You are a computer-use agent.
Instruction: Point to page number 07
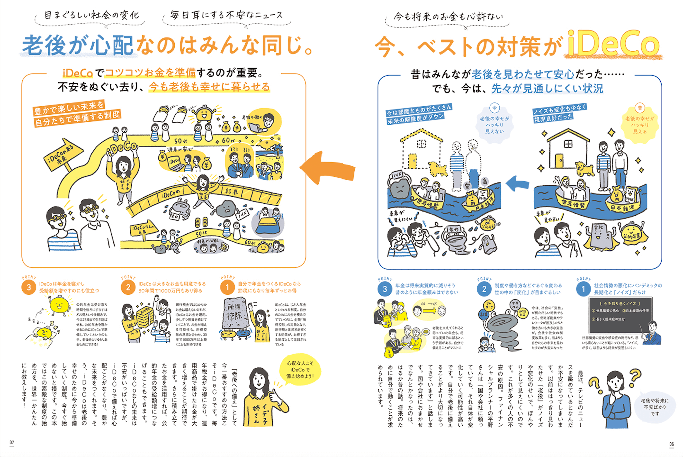[12, 443]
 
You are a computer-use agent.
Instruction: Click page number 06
[671, 444]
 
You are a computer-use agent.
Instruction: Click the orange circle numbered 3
[28, 288]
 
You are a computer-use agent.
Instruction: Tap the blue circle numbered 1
[583, 289]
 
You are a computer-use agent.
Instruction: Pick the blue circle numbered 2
[484, 289]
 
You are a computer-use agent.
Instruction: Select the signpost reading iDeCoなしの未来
[143, 229]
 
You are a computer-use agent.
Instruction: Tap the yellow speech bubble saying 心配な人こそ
[300, 370]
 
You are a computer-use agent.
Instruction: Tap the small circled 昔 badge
[640, 108]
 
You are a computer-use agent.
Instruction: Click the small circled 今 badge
[494, 108]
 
